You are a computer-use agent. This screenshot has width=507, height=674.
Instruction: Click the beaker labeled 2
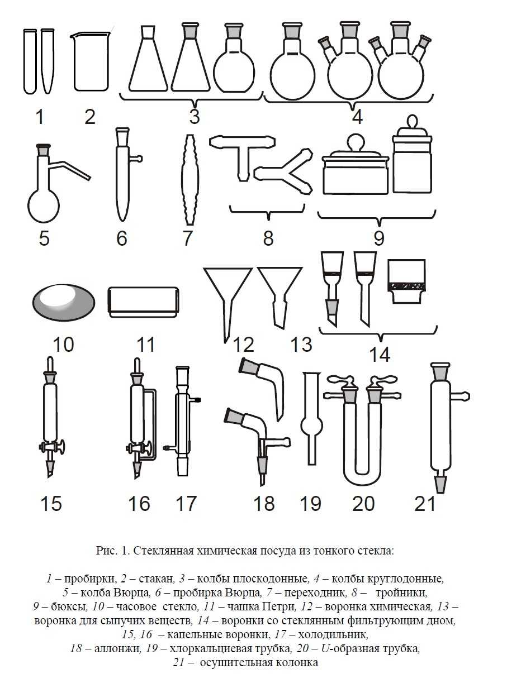[91, 62]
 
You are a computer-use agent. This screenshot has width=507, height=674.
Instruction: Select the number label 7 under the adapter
[188, 238]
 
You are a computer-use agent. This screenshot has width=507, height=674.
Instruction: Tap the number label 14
[378, 355]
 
